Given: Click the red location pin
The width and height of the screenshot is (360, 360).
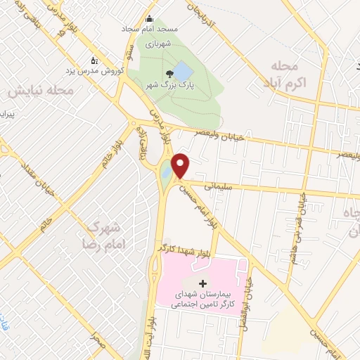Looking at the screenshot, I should point(181,166).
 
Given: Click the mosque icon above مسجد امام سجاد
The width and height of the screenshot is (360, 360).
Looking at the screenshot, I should point(149,20).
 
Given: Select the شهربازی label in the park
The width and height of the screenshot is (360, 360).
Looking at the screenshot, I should point(159,44).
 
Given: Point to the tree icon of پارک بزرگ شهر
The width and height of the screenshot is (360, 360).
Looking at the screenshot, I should point(168,74).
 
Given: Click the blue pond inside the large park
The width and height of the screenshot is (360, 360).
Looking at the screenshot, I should point(181,70).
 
